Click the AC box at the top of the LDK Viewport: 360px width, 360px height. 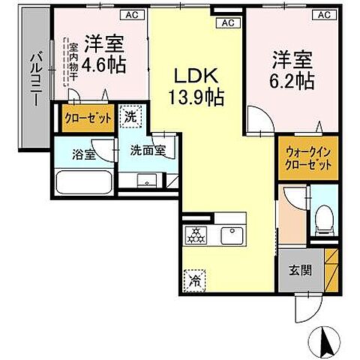(226, 23)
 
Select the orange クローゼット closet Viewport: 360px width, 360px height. (88, 118)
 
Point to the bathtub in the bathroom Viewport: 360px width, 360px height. (85, 182)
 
